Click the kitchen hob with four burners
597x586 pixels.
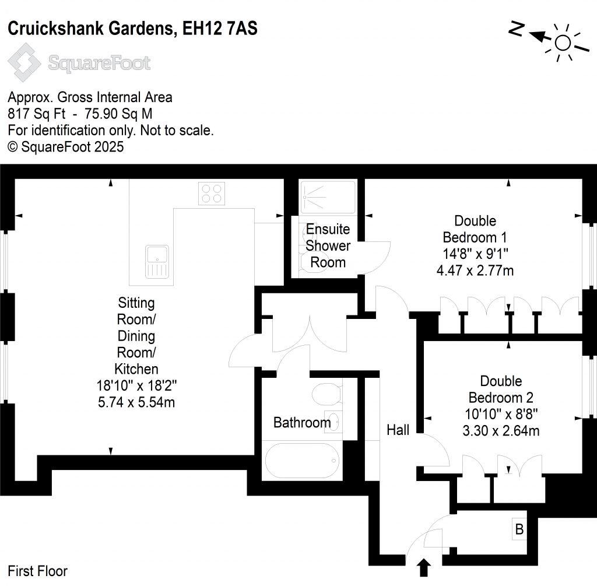tap(212, 194)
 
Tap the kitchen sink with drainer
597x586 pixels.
tap(157, 262)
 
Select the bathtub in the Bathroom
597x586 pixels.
tap(302, 461)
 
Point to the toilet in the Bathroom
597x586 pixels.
tap(326, 394)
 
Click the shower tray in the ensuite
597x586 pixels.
tap(328, 197)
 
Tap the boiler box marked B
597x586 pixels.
tap(519, 529)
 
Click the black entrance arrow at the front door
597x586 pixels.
tap(424, 568)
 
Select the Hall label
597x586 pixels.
tap(398, 430)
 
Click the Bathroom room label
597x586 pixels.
tap(302, 423)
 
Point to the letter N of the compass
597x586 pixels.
tap(517, 29)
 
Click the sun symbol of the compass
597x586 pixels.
tap(563, 43)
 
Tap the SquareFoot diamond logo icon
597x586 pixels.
tap(24, 62)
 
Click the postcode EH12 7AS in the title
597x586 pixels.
tap(220, 29)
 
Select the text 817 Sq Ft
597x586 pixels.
tap(37, 114)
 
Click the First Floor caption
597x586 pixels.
tap(37, 571)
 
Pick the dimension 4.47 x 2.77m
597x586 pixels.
tap(475, 271)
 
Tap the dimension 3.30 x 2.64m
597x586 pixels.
tap(501, 431)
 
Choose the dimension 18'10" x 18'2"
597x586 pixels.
tap(136, 385)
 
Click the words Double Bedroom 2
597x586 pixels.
tap(501, 389)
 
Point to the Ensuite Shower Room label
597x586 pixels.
tap(328, 245)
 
